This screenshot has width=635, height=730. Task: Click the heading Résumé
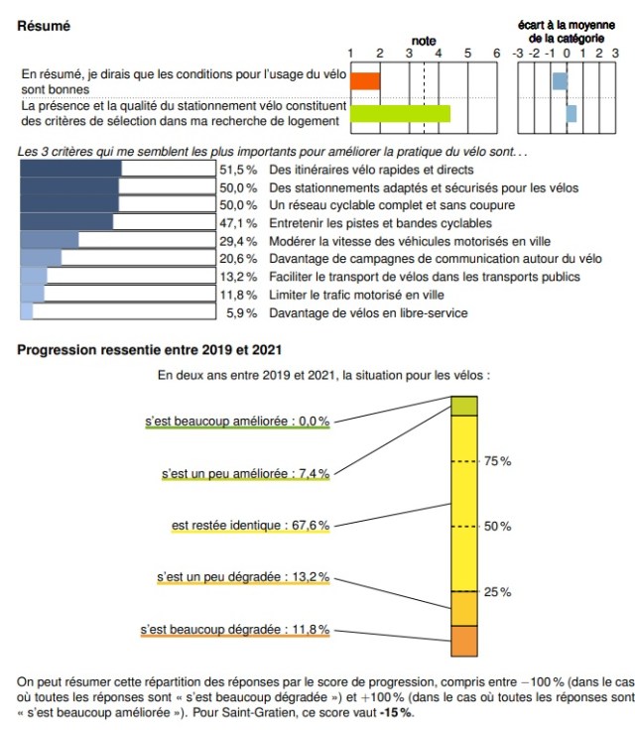click(x=45, y=26)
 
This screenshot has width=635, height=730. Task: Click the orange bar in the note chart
click(x=365, y=81)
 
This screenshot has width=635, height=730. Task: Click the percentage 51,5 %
click(x=238, y=170)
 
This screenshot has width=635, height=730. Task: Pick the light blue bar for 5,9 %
click(x=27, y=312)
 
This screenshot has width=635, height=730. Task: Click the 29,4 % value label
click(x=238, y=241)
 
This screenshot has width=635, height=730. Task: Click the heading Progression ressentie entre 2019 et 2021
click(x=150, y=349)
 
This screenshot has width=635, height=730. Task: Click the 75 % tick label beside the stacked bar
click(x=497, y=461)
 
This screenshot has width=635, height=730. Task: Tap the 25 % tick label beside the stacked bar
click(x=497, y=592)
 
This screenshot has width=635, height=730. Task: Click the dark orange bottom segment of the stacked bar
click(x=464, y=641)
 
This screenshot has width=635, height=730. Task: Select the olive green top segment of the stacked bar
click(x=464, y=407)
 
